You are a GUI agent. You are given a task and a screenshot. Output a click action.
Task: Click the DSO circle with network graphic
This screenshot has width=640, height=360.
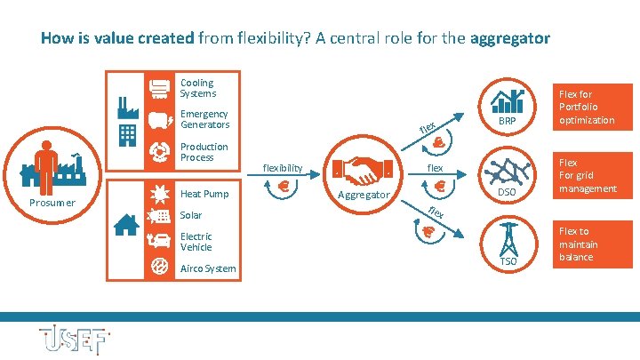tap(508, 175)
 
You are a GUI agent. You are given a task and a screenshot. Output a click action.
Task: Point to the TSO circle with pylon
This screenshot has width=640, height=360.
tap(508, 244)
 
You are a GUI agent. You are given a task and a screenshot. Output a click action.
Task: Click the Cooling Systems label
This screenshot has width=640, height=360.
tap(196, 88)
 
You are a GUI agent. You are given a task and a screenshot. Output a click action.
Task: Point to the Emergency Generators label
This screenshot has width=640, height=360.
tap(204, 119)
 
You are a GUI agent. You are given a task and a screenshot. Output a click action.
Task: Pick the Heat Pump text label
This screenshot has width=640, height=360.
tap(204, 194)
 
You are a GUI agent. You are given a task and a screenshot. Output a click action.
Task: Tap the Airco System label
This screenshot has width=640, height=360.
tap(208, 268)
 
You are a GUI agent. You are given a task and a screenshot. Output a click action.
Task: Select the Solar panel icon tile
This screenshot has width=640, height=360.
tap(161, 216)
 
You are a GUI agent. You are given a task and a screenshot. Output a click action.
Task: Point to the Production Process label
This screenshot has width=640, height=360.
tap(204, 152)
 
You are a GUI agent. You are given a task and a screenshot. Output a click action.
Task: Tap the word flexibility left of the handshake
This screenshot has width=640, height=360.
tap(283, 166)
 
